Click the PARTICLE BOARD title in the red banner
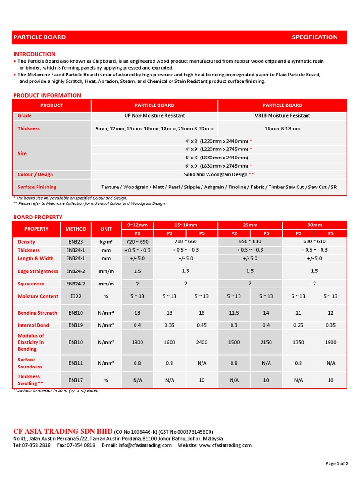coord(39,37)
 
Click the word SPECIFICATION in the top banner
coord(315,37)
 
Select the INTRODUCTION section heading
coord(34,54)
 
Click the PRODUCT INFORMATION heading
coord(47,95)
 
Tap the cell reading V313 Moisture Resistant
coord(282,116)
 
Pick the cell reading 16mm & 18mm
coord(282,128)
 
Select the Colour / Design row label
coord(36,174)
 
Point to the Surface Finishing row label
coord(37,187)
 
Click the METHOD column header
coord(75,229)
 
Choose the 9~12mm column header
coord(137,225)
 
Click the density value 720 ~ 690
coord(137,242)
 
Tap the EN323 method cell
coord(75,242)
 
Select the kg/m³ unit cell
coord(106,242)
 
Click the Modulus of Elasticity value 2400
coord(202,342)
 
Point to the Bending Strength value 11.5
coord(234,313)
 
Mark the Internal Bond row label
coord(33,325)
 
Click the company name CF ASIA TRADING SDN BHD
coord(63,431)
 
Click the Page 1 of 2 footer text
coord(337,463)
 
